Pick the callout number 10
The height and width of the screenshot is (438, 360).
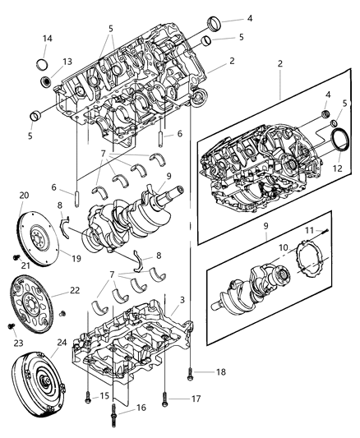284,247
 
